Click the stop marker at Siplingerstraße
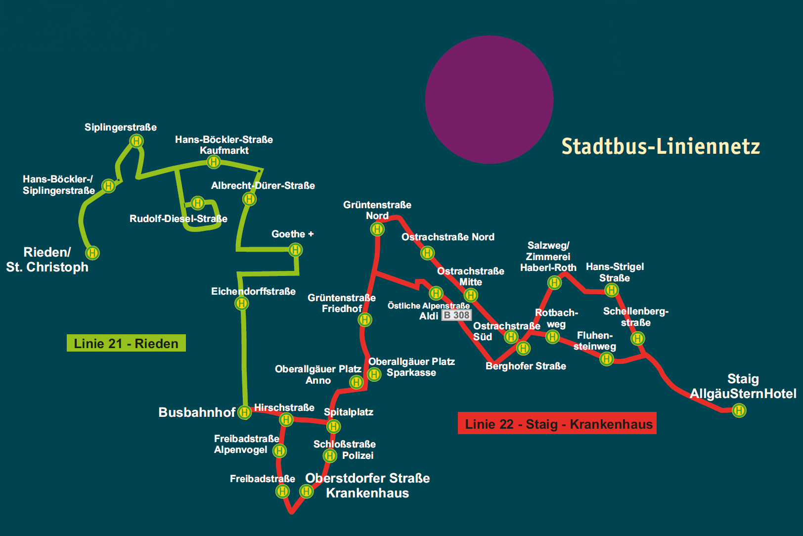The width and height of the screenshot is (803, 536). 136,141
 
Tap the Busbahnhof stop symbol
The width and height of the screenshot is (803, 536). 244,412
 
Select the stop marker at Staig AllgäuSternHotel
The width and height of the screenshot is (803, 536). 739,410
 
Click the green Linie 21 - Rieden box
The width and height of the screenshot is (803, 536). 126,343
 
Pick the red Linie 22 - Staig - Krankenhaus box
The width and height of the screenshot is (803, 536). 557,423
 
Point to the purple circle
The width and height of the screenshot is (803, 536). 489,99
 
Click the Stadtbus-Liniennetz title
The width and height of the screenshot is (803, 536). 661,146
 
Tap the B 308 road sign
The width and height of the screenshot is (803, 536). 456,315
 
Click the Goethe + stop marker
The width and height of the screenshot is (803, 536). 295,250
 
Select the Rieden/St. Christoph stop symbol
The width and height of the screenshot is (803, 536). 92,253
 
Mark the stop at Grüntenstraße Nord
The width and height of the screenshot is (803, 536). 377,229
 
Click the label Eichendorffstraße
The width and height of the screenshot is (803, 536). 253,291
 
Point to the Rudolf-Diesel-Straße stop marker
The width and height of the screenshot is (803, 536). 198,203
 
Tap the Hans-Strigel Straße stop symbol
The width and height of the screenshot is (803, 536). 612,290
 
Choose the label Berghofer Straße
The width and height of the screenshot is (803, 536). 526,366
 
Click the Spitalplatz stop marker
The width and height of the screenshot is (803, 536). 334,426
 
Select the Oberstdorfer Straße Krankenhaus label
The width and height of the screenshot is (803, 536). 367,486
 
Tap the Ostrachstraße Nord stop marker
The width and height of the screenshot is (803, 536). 427,253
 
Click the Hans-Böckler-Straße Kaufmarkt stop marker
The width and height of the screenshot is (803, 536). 214,161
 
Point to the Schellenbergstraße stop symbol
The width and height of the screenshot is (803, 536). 638,338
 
